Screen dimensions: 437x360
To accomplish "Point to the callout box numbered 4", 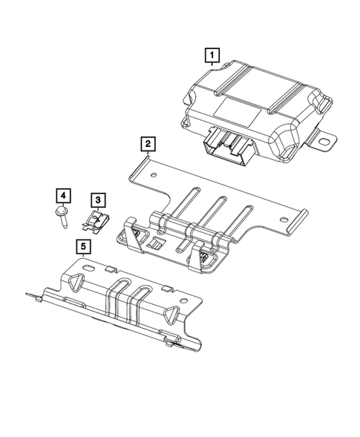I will [x=64, y=195].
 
